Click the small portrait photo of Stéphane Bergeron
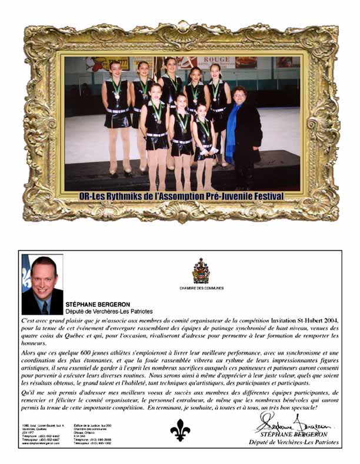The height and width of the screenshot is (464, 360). pyautogui.click(x=42, y=284)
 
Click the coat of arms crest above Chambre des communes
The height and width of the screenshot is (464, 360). pyautogui.click(x=201, y=271)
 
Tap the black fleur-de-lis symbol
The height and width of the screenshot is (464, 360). pyautogui.click(x=180, y=430)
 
